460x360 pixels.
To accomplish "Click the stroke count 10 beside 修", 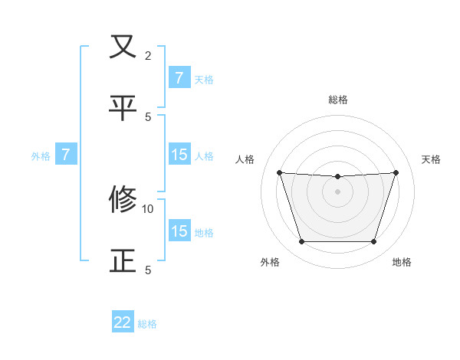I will pos(148,208).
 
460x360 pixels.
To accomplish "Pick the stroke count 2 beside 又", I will pos(148,56).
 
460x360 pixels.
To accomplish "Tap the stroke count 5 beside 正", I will pos(148,270).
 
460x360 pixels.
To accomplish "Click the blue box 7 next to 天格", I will pos(179,77).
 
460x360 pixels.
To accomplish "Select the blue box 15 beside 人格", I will pos(179,155).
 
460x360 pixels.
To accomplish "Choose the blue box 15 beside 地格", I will pos(179,231).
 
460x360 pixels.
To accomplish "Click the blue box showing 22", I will pos(123,322).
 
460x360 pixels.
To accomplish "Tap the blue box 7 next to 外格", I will pos(66,155).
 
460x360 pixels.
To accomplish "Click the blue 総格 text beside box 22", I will pos(147,324).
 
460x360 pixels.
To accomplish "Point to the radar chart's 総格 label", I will pos(337,100).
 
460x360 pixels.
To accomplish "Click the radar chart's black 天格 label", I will pos(432,159).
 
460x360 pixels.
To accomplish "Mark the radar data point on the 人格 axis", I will pos(279,172).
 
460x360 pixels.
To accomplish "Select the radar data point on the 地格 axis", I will pos(373,242).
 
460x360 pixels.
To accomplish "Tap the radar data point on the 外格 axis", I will pos(301,242).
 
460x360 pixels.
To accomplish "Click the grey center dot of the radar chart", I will pos(337,191).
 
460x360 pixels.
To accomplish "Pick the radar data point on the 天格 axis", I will pos(396,172).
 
